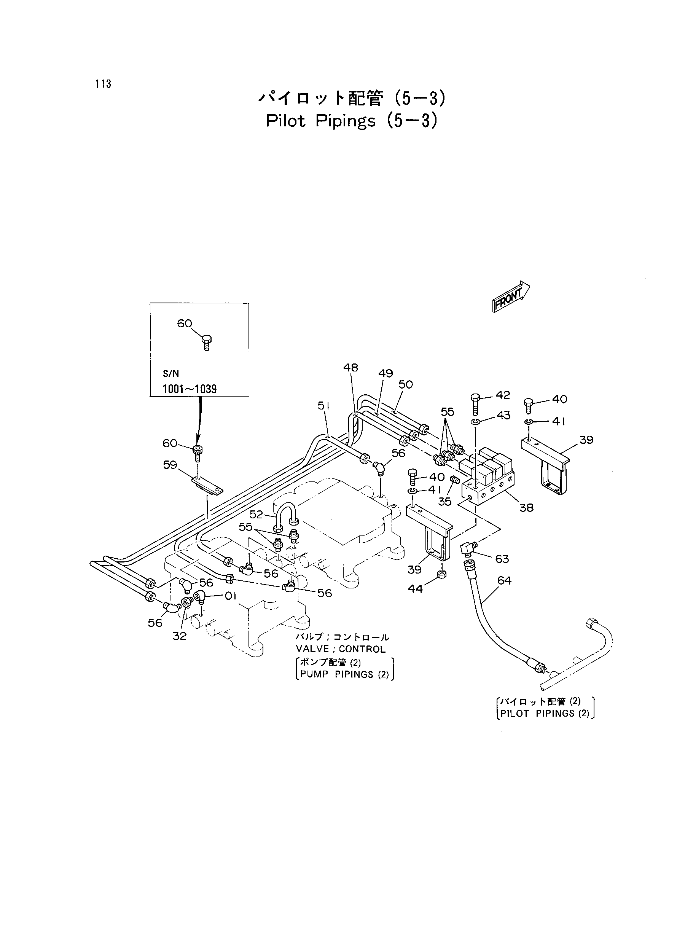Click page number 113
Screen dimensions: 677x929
pos(103,84)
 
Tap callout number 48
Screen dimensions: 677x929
pos(350,368)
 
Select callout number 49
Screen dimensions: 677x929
pos(385,373)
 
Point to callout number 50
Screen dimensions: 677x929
pos(406,384)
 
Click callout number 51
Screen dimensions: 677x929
pos(324,405)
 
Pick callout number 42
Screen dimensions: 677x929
pos(503,395)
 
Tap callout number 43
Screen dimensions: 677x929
pos(503,415)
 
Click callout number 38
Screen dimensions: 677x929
pos(526,508)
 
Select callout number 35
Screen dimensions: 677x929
pos(444,501)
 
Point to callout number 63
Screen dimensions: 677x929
pos(502,559)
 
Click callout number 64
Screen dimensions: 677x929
pos(504,580)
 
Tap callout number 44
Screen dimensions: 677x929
pos(415,589)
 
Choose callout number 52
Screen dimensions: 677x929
pos(256,514)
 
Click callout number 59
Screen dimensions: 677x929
pos(170,465)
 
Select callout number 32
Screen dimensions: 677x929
pos(180,636)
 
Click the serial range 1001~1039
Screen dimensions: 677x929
pos(190,389)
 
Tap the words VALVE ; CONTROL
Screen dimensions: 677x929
pos(341,649)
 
